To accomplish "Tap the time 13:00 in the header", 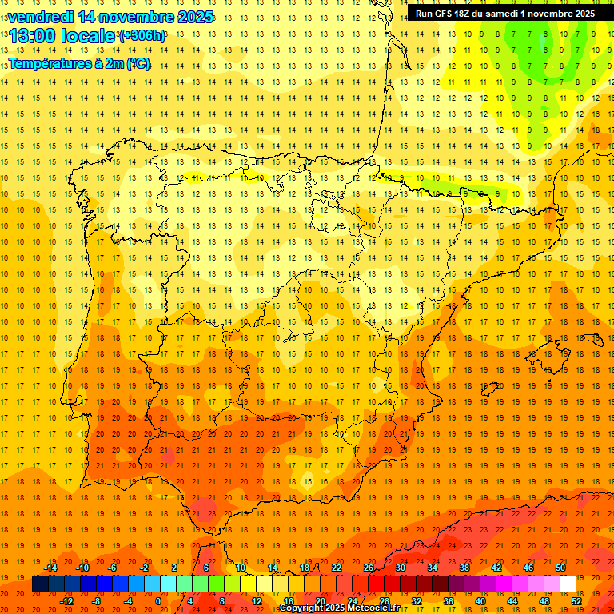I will pos(33,36).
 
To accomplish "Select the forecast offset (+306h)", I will pos(142,36).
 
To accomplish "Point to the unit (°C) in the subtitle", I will pos(138,63).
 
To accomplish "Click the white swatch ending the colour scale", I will pos(568,584).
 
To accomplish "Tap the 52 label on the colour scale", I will pos(576,601).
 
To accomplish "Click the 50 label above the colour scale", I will pos(560,568).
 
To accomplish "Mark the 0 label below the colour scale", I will pos(158,601).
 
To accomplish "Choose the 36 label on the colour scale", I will pos(448,601).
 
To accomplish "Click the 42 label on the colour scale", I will pos(496,568).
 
